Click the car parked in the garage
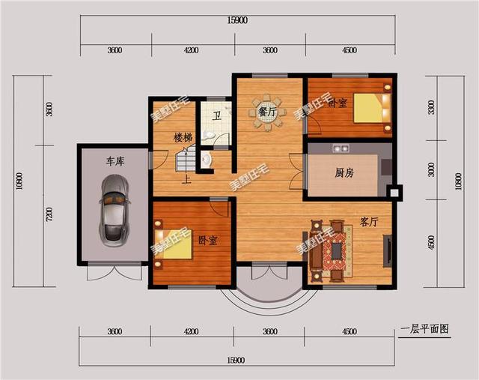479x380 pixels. [x=115, y=209]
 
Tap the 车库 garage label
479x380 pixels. [x=114, y=161]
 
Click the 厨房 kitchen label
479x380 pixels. [x=344, y=172]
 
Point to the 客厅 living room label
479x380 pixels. [x=369, y=222]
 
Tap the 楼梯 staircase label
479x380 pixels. [x=183, y=138]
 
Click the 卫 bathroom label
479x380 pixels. [x=216, y=115]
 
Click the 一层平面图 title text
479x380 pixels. [x=424, y=328]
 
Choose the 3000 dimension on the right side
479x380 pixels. [x=430, y=170]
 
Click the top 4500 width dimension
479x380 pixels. [x=349, y=50]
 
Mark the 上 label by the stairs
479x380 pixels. [x=186, y=179]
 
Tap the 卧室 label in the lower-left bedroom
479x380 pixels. [x=207, y=241]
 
